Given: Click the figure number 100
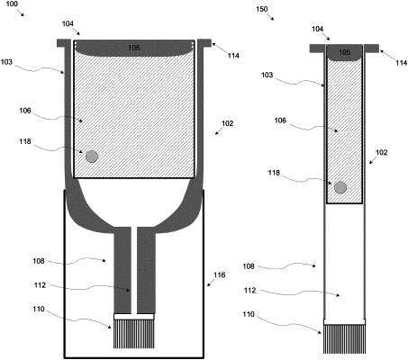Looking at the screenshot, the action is [x=12, y=4].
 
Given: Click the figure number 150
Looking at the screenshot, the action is [x=262, y=9].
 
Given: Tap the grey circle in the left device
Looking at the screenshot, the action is [x=92, y=157].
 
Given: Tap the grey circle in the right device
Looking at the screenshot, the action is [x=340, y=187].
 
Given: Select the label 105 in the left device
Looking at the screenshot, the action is [x=134, y=48].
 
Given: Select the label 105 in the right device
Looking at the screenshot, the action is [x=344, y=52].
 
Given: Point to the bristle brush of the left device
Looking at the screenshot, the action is [x=134, y=334].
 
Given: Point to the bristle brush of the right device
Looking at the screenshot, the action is [x=345, y=339].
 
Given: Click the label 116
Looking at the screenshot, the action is [x=220, y=274].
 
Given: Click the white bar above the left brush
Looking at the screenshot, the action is [x=134, y=317].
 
